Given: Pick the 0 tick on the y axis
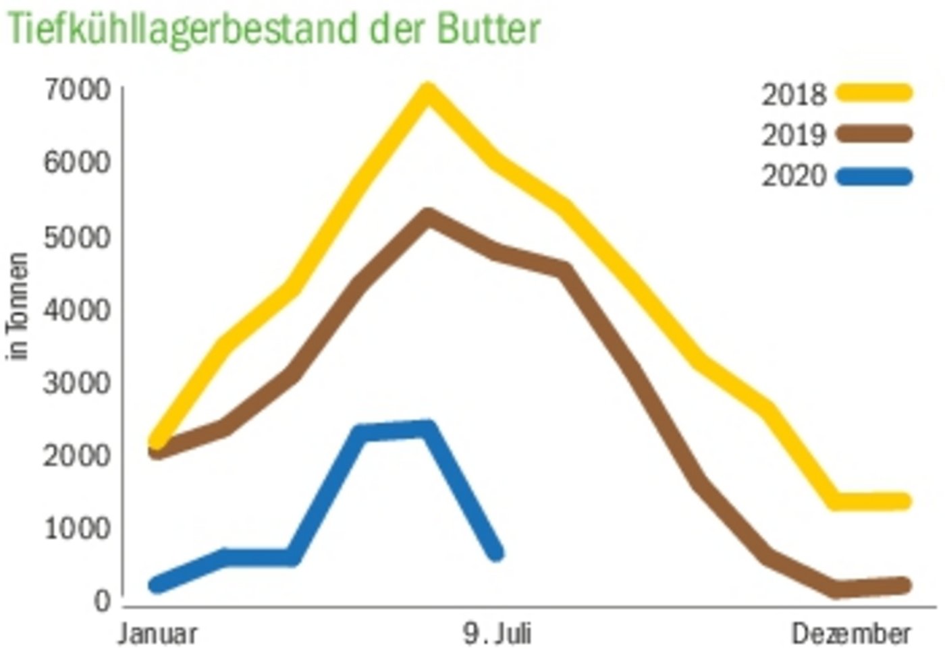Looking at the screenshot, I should [102, 601].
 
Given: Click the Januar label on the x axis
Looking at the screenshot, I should [158, 634].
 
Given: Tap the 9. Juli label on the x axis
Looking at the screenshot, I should [497, 634].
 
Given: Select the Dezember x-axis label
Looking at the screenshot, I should [851, 634].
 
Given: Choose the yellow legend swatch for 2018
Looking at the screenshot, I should [874, 92].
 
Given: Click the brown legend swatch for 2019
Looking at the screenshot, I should [874, 134].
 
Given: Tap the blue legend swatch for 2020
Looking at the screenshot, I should [874, 177].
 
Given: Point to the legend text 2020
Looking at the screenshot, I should [794, 177].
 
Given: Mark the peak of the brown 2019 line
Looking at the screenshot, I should [427, 217].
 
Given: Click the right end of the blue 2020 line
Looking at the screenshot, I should [496, 553].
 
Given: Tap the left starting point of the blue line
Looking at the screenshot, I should [157, 585].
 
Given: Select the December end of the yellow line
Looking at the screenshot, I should [904, 501].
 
